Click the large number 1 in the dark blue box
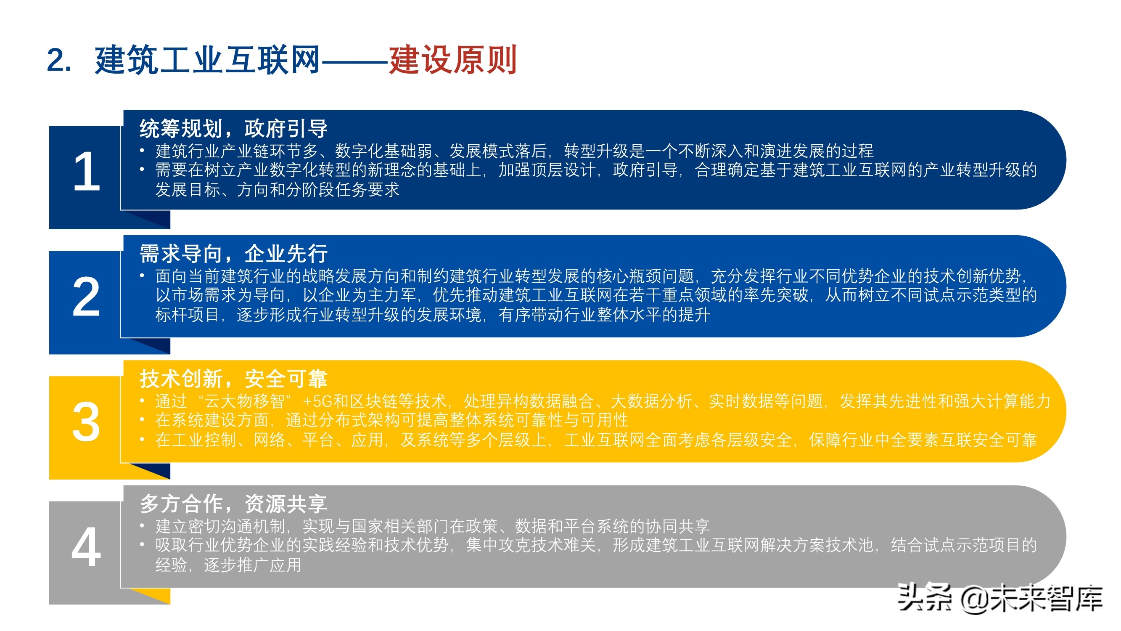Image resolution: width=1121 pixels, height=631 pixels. coord(87,172)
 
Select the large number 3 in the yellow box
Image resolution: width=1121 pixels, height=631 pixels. coord(86,422)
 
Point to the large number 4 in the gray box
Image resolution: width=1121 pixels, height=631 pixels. coord(86,547)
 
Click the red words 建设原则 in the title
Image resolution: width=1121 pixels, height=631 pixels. coord(452,60)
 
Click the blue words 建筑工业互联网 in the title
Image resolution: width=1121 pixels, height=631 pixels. coord(207,60)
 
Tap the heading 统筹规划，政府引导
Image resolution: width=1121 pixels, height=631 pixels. coord(233,128)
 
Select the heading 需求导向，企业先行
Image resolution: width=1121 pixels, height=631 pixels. coord(233,253)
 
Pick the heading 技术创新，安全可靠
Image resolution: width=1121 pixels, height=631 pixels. coord(233,379)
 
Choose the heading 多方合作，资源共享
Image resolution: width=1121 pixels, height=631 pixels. coord(233,504)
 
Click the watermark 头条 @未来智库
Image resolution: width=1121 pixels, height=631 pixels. coord(1000,598)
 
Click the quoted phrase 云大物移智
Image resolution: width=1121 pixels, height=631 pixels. coord(244,401)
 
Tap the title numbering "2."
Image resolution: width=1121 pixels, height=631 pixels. coord(59,60)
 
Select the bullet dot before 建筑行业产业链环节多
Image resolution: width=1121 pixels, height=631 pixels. coord(142,151)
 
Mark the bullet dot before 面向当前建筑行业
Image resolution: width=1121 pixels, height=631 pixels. coord(142,276)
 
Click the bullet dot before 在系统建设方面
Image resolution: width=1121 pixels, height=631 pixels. coord(142,420)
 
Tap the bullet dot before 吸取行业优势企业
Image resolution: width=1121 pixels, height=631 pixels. coord(142,545)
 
